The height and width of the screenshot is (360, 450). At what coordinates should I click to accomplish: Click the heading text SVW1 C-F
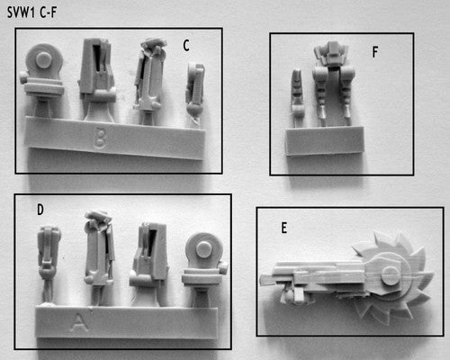31,13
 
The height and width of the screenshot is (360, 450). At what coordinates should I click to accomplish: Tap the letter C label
186,46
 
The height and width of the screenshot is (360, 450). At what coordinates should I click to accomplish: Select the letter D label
40,210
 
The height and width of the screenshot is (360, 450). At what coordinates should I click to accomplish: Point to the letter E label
283,228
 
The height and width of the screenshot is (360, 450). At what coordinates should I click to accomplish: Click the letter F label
375,52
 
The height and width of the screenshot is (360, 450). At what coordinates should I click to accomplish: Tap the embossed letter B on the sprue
100,138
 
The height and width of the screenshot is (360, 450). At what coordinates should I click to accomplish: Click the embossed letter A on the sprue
78,322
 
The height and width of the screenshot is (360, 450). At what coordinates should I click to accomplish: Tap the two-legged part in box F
332,83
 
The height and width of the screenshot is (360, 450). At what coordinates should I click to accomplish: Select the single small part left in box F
297,96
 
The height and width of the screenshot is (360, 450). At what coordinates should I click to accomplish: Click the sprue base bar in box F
324,140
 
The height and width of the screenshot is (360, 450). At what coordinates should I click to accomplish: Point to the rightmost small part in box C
195,92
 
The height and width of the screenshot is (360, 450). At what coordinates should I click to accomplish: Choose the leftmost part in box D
49,264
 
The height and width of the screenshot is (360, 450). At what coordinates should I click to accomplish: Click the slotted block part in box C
97,78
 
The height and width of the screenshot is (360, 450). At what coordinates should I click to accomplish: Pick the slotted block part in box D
148,263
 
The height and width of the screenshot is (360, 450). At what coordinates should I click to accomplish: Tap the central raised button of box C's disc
44,60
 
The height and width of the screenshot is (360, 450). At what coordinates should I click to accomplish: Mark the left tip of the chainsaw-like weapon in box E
260,281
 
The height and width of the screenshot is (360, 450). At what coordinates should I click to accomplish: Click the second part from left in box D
99,255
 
